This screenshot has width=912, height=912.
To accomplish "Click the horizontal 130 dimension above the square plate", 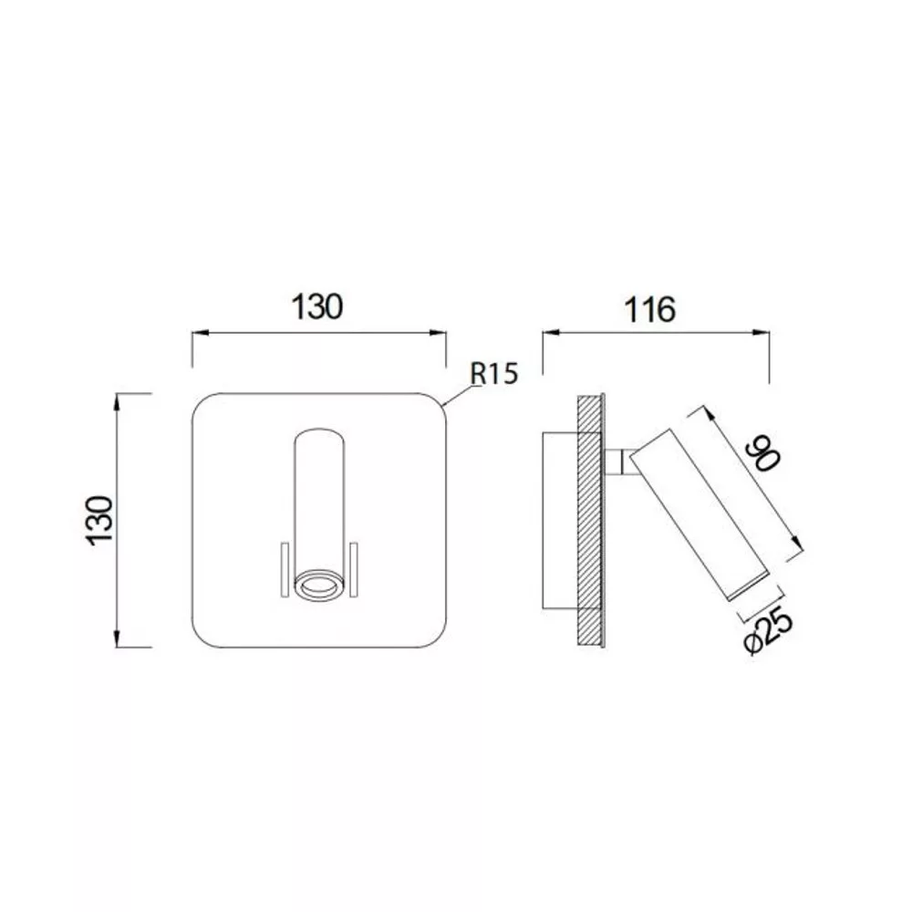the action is pyautogui.click(x=317, y=306).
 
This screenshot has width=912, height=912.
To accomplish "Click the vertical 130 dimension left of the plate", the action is pyautogui.click(x=99, y=521).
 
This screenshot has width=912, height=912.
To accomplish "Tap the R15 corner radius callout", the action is pyautogui.click(x=493, y=373).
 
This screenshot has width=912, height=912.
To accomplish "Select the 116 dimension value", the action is pyautogui.click(x=649, y=309).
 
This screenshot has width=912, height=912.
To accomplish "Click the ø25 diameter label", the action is pyautogui.click(x=768, y=631).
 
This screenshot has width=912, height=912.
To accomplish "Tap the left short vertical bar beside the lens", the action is pyautogui.click(x=285, y=570).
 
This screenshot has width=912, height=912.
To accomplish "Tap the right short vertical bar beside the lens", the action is pyautogui.click(x=353, y=570).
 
